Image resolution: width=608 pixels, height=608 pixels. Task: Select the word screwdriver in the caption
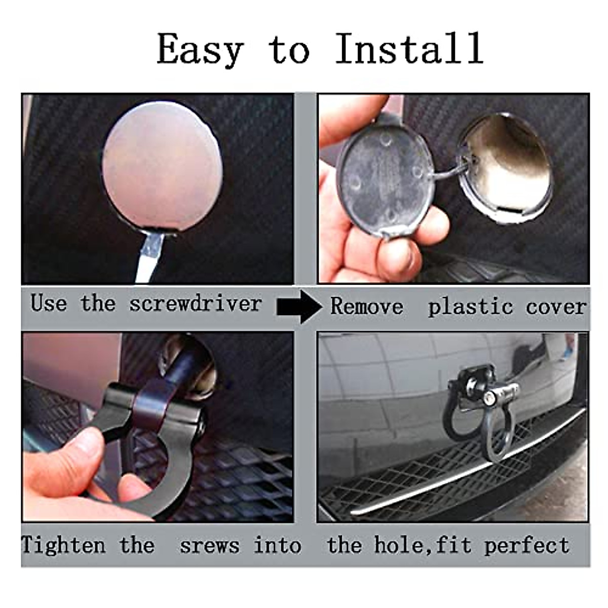196,303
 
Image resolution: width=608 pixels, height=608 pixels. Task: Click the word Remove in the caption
367,306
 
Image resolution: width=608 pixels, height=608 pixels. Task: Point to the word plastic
471,307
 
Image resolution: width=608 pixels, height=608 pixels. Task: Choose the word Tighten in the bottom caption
63,545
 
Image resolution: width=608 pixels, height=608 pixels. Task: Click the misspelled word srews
210,546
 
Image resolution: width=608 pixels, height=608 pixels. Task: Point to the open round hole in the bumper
507,162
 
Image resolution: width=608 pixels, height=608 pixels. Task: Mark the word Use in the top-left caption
49,303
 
